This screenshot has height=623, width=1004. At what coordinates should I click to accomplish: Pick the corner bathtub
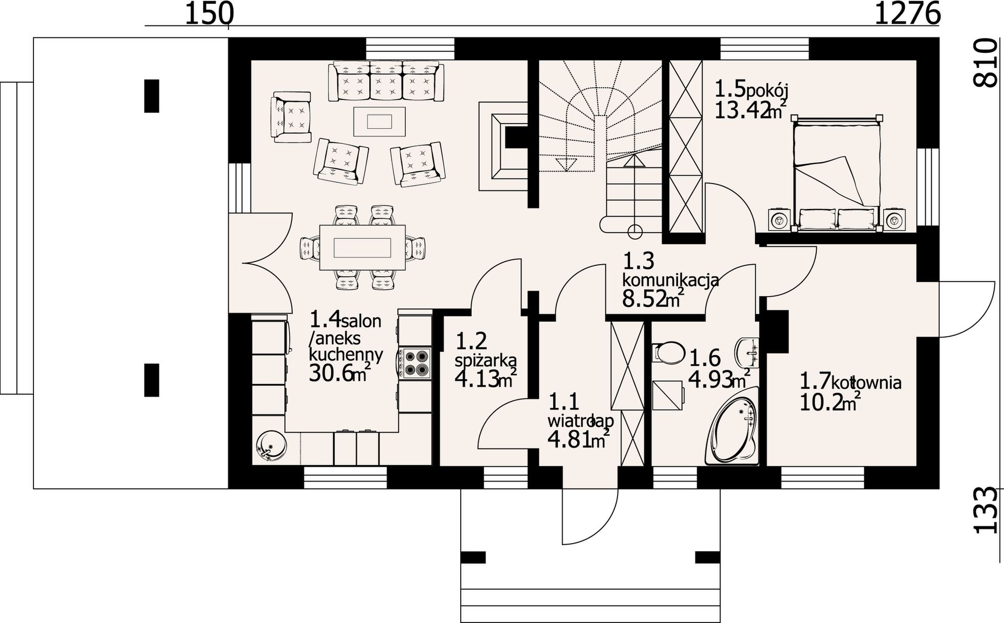732,431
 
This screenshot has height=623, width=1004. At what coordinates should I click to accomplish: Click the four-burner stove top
415,363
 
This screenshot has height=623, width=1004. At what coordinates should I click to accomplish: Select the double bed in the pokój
836,173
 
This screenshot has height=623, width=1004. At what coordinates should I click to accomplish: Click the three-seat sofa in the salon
386,81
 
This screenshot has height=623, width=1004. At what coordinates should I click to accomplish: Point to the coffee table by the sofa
380,121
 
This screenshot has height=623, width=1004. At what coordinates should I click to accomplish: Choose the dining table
363,247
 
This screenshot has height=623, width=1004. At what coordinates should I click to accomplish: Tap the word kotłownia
866,383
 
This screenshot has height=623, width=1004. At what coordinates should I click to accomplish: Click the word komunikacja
670,280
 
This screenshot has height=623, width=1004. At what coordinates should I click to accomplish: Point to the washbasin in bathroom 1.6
748,353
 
